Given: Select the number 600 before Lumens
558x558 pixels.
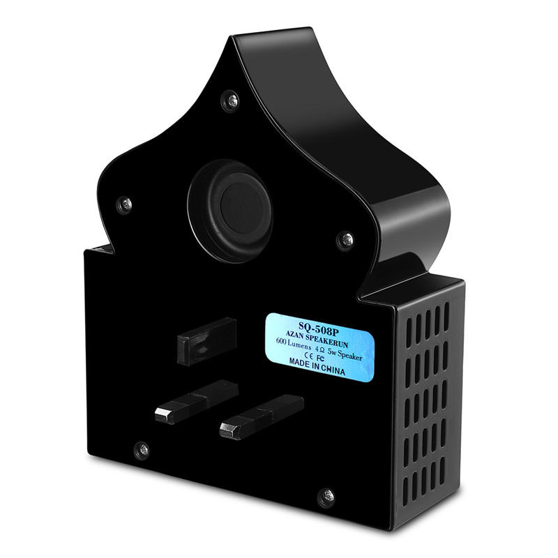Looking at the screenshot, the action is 281,341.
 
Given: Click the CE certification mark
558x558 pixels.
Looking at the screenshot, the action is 309,355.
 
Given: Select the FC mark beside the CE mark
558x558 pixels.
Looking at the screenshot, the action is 320,357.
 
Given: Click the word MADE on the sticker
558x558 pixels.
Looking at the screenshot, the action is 300,362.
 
